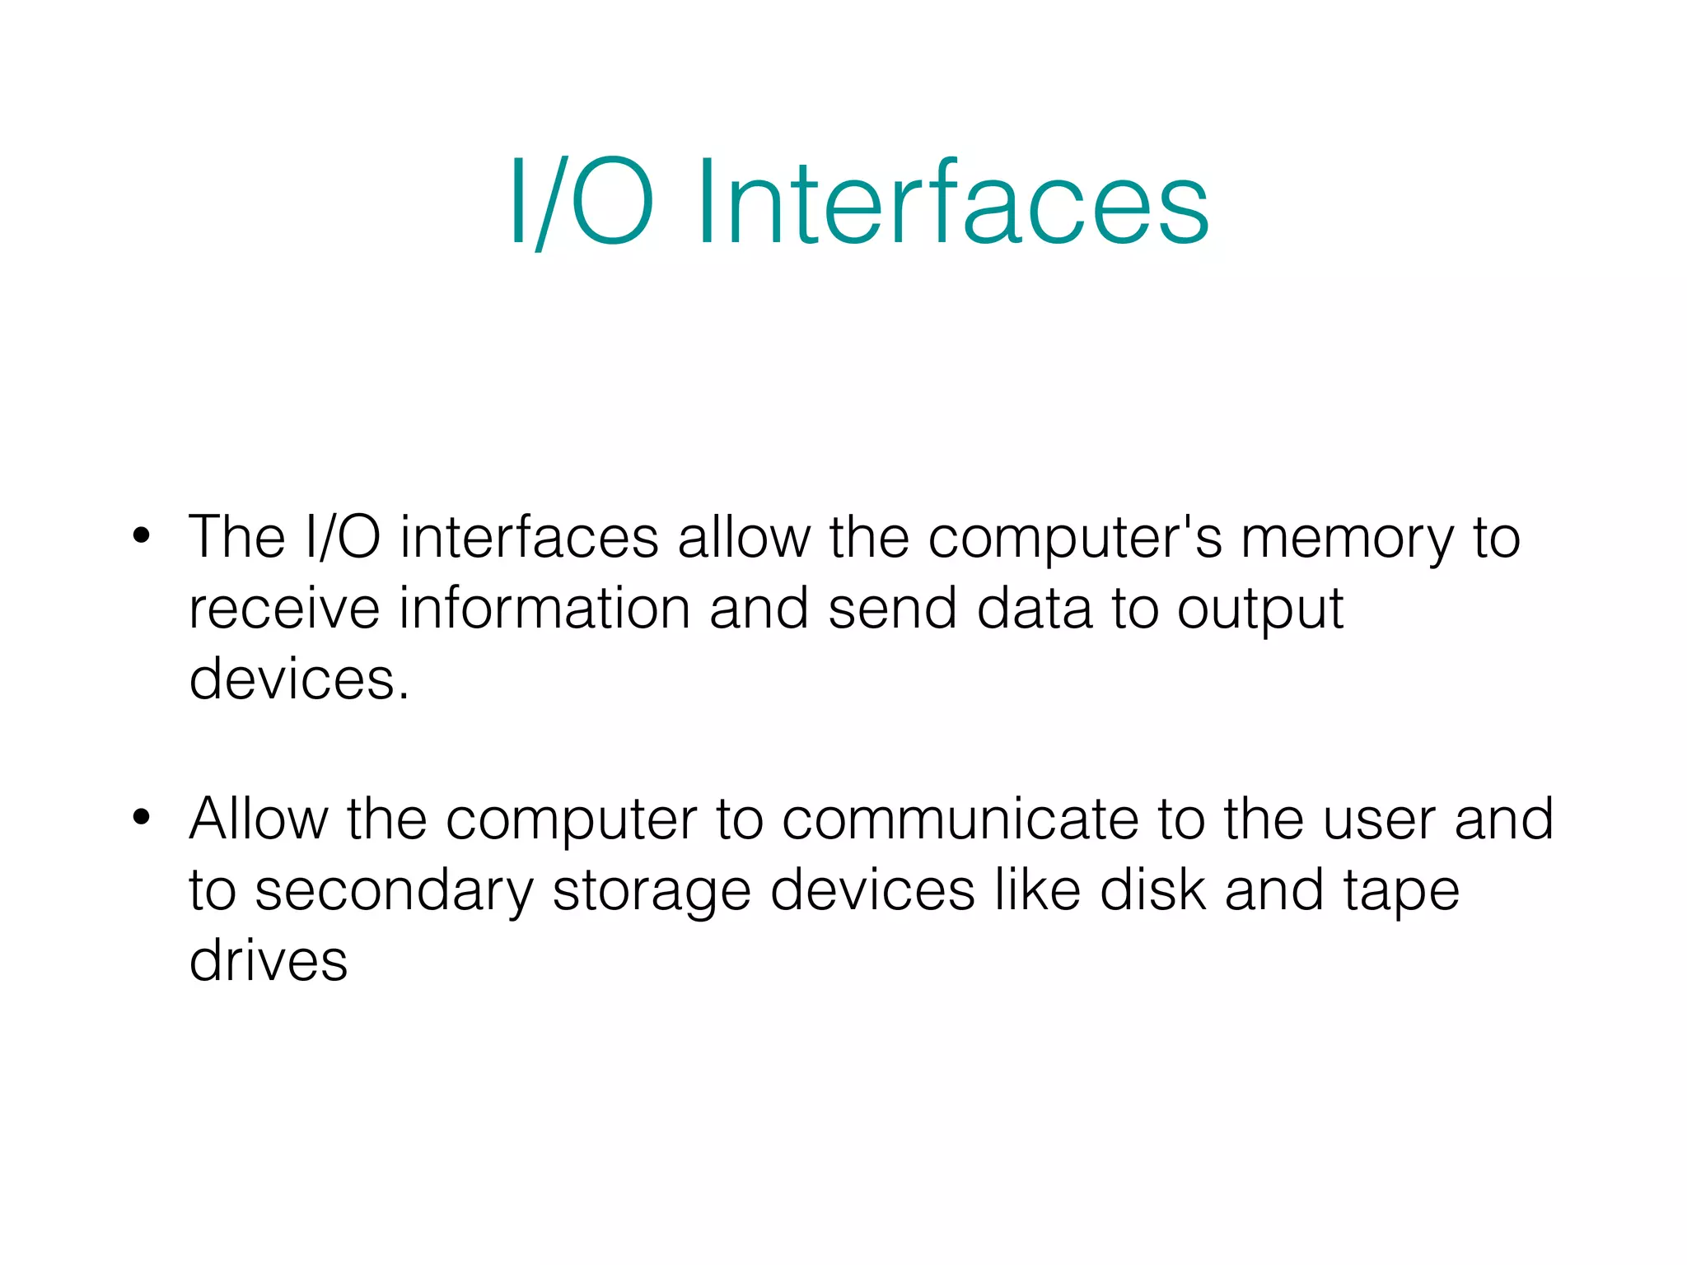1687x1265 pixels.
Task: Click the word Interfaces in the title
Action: click(x=953, y=203)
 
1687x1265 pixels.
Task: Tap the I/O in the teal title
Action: click(x=582, y=203)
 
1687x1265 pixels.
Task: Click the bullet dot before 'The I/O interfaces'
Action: click(x=142, y=535)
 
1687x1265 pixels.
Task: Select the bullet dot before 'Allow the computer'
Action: click(x=142, y=817)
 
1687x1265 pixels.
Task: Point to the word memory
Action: click(x=1348, y=539)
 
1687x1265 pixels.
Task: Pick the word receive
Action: click(x=284, y=609)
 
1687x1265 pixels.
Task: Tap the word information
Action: click(x=544, y=609)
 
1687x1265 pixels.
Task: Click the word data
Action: click(x=1034, y=609)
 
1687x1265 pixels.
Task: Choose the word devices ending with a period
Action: click(x=298, y=680)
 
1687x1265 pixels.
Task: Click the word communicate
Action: click(x=960, y=820)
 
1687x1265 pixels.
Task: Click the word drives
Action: click(x=269, y=961)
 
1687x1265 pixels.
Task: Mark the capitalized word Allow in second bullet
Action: click(x=259, y=819)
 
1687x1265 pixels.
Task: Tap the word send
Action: click(x=892, y=609)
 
